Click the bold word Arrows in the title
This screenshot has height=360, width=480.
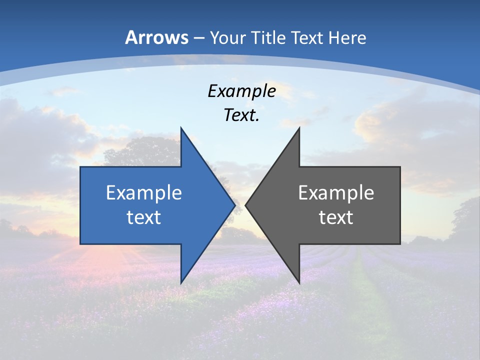(x=156, y=37)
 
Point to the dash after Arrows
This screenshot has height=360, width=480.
(x=198, y=38)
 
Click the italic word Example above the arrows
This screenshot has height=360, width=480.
(x=241, y=91)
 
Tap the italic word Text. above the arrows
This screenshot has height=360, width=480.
(x=241, y=115)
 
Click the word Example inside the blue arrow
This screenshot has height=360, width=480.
(x=144, y=192)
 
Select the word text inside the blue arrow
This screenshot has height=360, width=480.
(x=144, y=217)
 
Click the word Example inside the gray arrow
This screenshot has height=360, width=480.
(x=336, y=192)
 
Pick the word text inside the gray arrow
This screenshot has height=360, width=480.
(x=336, y=217)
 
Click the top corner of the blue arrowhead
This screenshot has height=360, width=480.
(x=181, y=129)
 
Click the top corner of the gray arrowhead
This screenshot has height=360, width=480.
(x=299, y=129)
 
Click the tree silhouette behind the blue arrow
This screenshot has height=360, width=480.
(x=145, y=150)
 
